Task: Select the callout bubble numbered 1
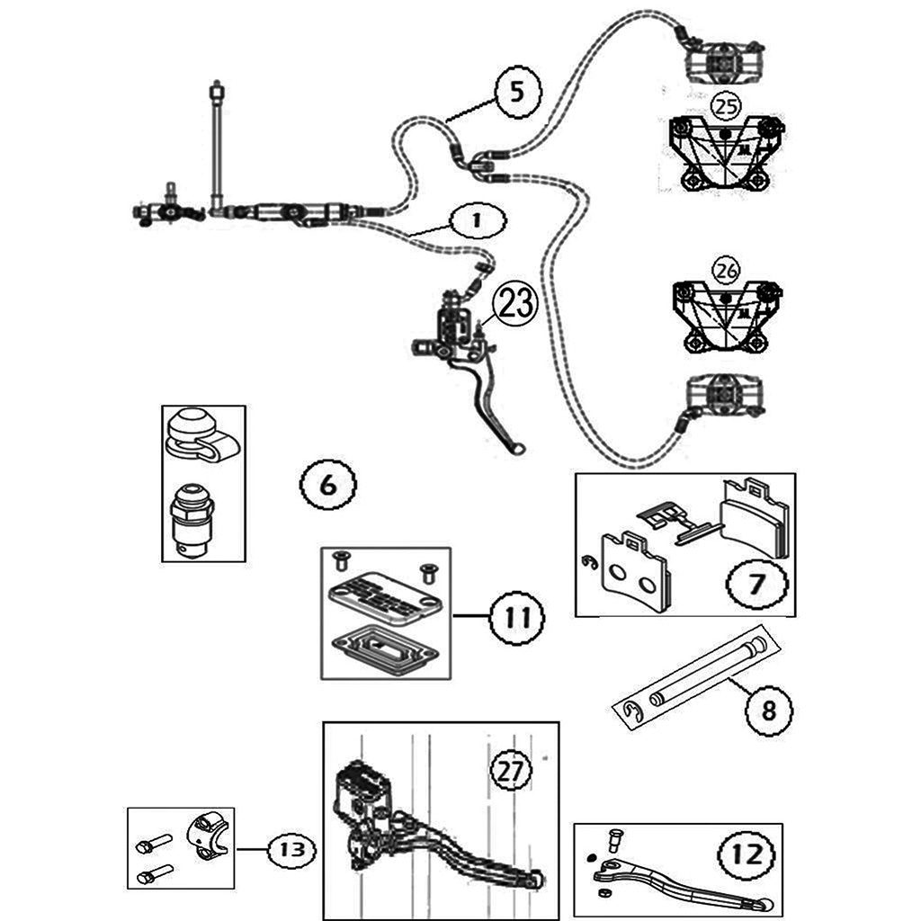(477, 219)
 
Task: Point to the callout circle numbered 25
(726, 107)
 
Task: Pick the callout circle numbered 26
(726, 270)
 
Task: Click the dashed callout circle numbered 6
(327, 486)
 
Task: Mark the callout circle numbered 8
(767, 711)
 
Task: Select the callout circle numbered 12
(747, 854)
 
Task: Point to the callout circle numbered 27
(510, 771)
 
